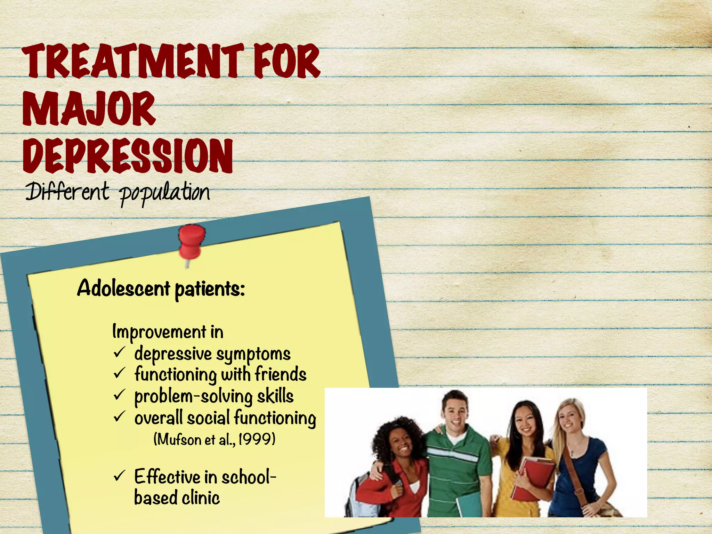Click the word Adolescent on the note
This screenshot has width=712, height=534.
point(124,288)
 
